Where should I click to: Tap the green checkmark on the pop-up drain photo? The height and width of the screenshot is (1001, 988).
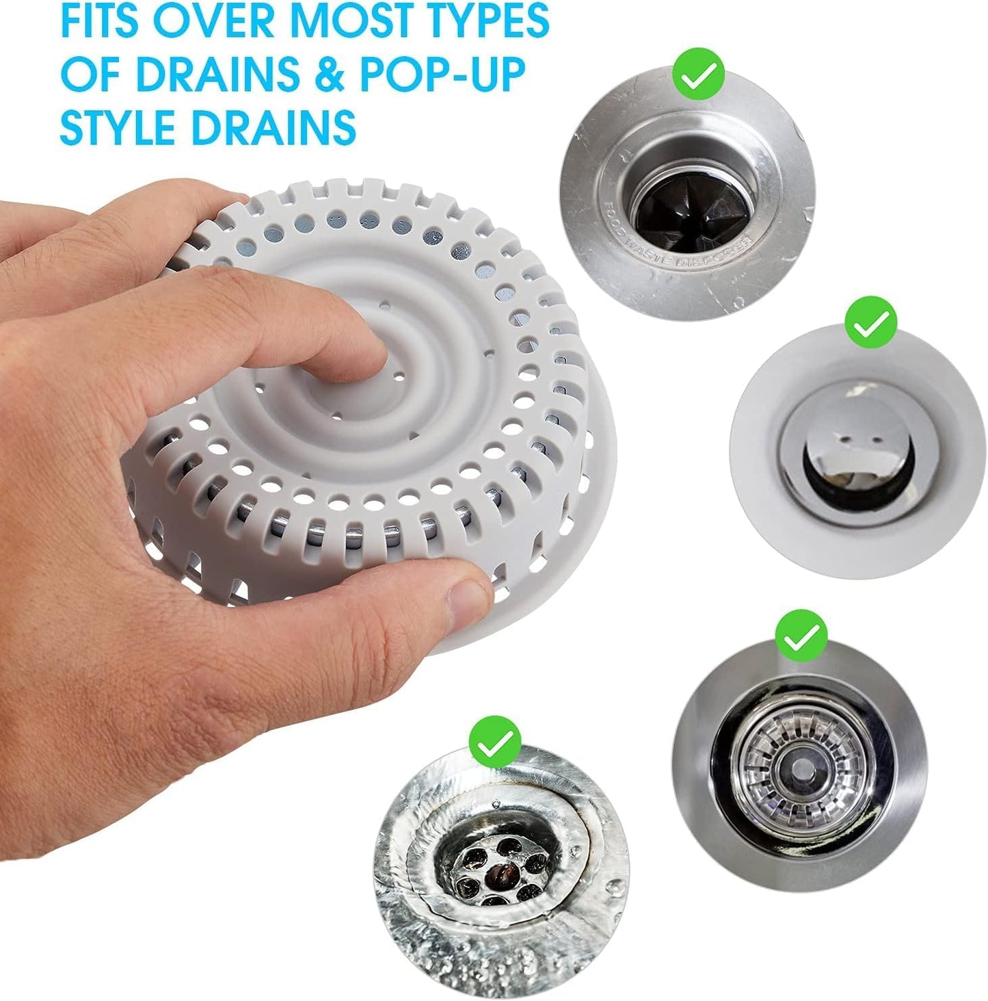pos(870,324)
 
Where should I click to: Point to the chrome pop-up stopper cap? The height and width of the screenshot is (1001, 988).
pos(845,448)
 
